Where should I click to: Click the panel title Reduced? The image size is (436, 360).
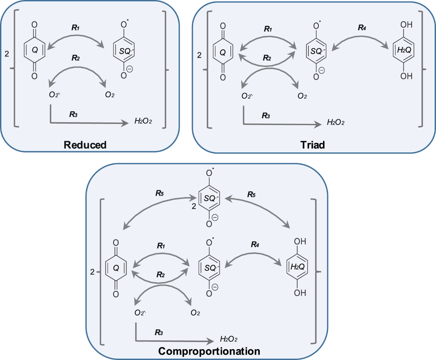point(85,145)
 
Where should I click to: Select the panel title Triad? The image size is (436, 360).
point(312,145)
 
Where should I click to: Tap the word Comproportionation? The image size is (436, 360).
point(209,351)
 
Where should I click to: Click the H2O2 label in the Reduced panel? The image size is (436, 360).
point(143,121)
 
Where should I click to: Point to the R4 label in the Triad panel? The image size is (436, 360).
point(362,28)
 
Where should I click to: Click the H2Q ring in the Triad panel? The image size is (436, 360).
point(403,50)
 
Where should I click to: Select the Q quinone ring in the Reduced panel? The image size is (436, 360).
point(35,50)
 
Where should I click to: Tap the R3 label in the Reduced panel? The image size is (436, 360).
point(73,114)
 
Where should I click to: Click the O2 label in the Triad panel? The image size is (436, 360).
point(302,96)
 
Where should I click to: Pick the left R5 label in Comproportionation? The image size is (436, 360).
point(160,193)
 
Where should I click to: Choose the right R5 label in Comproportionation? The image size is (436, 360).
point(251,195)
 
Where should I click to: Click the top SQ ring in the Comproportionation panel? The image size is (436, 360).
point(209,199)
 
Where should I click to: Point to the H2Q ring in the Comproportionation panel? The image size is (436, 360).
point(297,267)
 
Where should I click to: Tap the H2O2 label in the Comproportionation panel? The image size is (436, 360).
point(229,339)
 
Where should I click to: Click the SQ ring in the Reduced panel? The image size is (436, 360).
point(124,50)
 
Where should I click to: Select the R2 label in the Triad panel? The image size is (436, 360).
point(267,58)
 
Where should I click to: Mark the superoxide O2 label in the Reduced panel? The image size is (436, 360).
point(54,95)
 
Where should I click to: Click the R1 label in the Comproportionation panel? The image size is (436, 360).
point(161,246)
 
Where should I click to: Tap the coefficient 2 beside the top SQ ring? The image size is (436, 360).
point(194,207)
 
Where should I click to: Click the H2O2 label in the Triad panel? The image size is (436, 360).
point(336,122)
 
